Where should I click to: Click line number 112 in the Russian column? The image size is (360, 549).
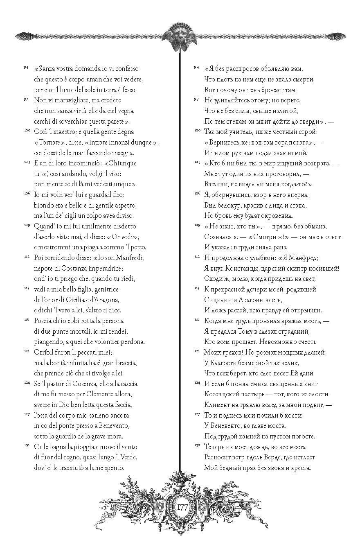(x=196, y=257)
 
